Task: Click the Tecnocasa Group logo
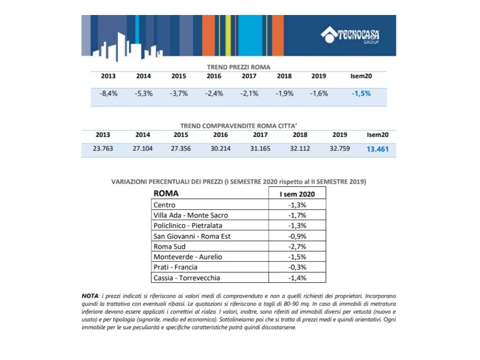[350, 35]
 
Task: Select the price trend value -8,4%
[108, 93]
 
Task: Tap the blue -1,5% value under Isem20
[361, 93]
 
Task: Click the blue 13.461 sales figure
[377, 149]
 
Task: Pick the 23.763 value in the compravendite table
[103, 149]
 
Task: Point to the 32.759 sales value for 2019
[340, 149]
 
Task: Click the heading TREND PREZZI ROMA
[239, 67]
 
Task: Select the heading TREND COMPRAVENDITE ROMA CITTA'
[239, 126]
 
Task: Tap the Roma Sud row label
[169, 247]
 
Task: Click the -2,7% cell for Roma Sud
[297, 247]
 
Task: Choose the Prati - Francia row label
[175, 267]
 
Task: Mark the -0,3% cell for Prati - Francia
[297, 267]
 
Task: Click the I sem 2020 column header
[297, 194]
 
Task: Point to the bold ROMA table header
[166, 194]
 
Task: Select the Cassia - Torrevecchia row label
[187, 277]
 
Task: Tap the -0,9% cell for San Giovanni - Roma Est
[297, 236]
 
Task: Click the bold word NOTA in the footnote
[90, 296]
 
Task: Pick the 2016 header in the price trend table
[214, 76]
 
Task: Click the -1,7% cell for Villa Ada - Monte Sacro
[297, 215]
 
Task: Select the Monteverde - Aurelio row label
[187, 257]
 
